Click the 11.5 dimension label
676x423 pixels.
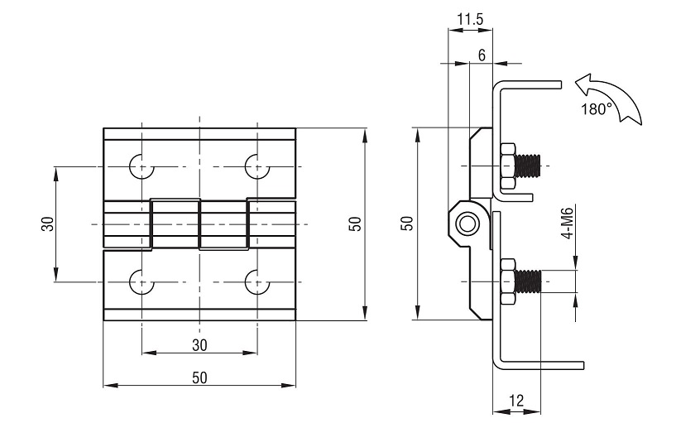470,19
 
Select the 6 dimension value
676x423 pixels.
482,55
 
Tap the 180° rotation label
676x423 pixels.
597,109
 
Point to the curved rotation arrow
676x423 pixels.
608,99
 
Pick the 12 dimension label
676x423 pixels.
516,401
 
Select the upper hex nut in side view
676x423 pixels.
508,166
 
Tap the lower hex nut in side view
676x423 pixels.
508,281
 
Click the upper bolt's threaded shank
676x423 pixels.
528,166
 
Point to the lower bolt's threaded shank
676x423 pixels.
528,281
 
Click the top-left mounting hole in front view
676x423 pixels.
141,166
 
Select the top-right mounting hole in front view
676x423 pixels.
257,166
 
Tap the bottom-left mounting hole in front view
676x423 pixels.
141,282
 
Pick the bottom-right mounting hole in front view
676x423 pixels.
257,282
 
